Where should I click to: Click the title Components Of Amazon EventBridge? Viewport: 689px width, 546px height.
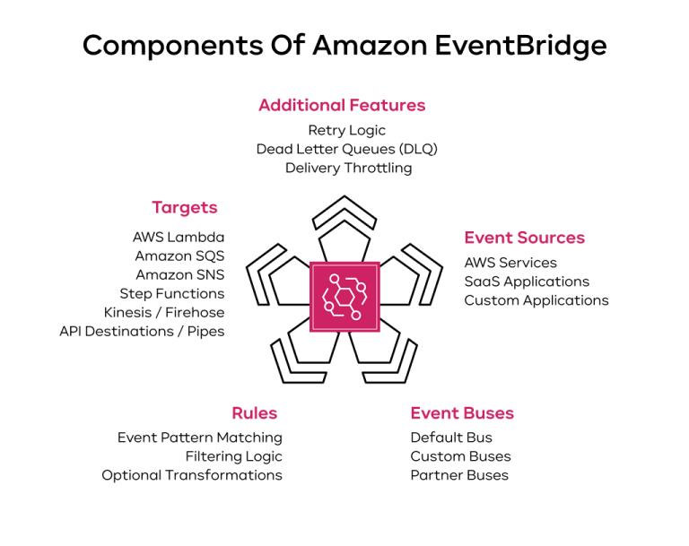point(344,46)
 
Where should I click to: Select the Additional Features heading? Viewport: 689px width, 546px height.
point(342,105)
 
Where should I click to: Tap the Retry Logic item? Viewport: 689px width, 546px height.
point(346,131)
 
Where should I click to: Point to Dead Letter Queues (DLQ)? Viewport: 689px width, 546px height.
point(346,150)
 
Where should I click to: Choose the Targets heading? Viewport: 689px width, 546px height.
point(184,207)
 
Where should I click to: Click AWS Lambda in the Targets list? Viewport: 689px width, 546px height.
point(179,238)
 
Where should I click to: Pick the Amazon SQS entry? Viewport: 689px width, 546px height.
point(179,256)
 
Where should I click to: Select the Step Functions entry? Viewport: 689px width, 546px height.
point(172,294)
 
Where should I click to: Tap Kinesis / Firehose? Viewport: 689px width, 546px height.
point(164,313)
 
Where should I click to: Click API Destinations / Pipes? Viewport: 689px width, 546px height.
point(142,332)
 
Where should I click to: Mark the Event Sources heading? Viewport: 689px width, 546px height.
point(524,238)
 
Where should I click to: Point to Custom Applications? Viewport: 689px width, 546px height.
point(536,300)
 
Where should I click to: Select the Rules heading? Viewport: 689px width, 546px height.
point(254,413)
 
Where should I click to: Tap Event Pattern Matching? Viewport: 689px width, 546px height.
point(199,438)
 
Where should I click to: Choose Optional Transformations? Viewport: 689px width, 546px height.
point(191,475)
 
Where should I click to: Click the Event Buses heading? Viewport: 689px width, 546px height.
point(462,413)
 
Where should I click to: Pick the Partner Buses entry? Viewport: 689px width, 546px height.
point(459,475)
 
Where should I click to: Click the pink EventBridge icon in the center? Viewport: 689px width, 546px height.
point(344,297)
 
